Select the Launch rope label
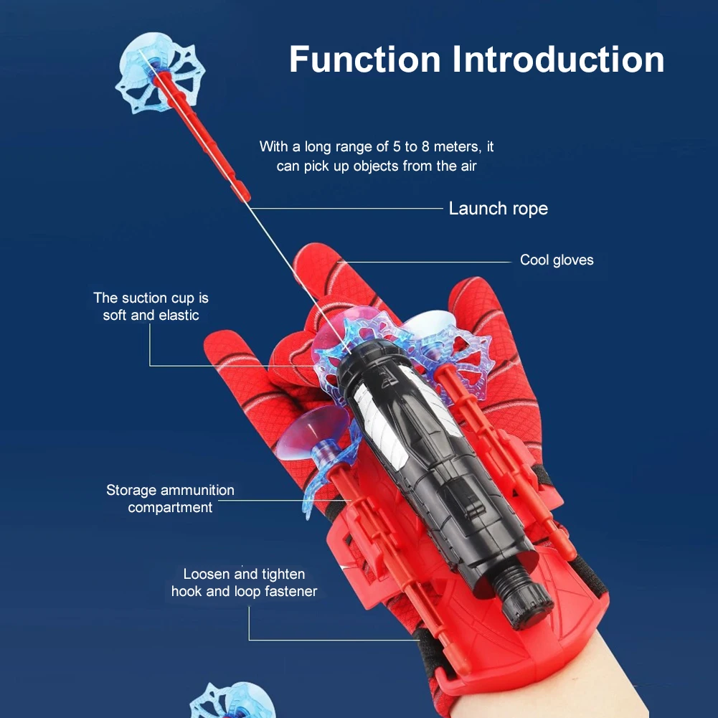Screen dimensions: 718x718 coord(498,209)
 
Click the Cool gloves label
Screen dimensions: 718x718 coord(557,260)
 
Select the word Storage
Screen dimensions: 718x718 coord(131,491)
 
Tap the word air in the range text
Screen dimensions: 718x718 coord(467,166)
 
